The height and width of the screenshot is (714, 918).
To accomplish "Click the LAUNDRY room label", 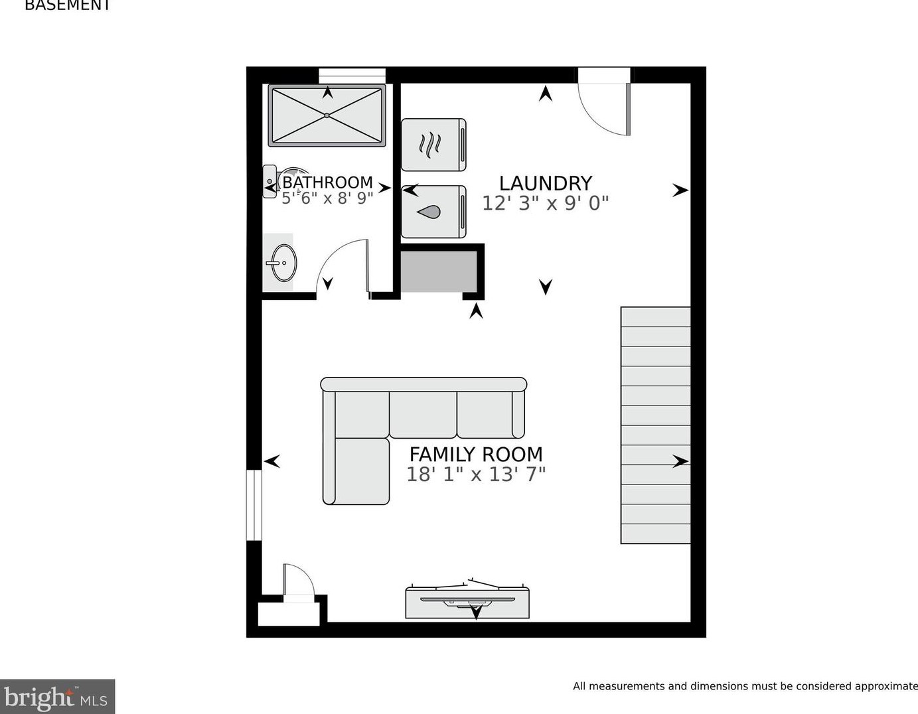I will click(545, 183).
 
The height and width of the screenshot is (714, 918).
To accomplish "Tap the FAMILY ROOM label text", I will click(475, 455).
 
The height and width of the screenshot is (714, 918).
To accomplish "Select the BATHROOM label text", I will click(327, 182).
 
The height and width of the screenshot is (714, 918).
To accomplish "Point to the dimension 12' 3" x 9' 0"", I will click(545, 203).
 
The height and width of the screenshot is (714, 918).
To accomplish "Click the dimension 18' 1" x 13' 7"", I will click(475, 474).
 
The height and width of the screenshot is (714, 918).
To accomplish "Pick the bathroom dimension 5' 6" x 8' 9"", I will click(327, 198).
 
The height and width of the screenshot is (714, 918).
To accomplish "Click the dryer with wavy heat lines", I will click(433, 145).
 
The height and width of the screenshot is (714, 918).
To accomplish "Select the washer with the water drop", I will click(433, 212).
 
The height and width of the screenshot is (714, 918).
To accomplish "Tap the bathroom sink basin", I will click(284, 263).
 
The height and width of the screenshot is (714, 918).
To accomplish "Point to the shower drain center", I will click(327, 115).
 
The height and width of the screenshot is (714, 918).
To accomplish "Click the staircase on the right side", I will click(655, 425).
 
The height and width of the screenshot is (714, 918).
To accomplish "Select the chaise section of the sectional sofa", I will click(356, 470).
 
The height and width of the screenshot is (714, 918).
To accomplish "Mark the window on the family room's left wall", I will click(254, 505).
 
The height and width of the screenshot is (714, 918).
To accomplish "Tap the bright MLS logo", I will click(57, 697).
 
